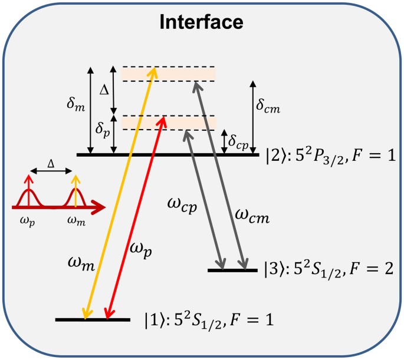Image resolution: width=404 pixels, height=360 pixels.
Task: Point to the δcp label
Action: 239,140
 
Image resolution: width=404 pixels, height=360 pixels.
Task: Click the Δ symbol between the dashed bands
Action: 104,90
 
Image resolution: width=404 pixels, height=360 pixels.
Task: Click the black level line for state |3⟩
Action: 232,270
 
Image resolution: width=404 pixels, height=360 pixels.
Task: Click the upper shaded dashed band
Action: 168,74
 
